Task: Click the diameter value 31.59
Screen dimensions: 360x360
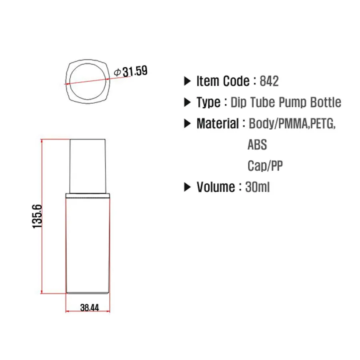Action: click(135, 72)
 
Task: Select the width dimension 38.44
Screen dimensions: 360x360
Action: click(89, 308)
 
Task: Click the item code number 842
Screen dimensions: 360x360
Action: click(269, 81)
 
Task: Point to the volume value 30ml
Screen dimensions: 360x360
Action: click(258, 187)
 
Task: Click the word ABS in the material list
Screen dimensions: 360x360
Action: click(257, 144)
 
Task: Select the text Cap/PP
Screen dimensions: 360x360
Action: click(265, 166)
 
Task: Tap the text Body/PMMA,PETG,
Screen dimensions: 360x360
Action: click(292, 123)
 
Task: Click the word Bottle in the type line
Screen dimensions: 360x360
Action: click(326, 102)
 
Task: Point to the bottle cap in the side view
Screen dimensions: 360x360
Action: click(88, 165)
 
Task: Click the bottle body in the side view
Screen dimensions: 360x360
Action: click(88, 244)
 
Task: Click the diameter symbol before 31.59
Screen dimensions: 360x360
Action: click(118, 72)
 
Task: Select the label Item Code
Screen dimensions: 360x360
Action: click(223, 81)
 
